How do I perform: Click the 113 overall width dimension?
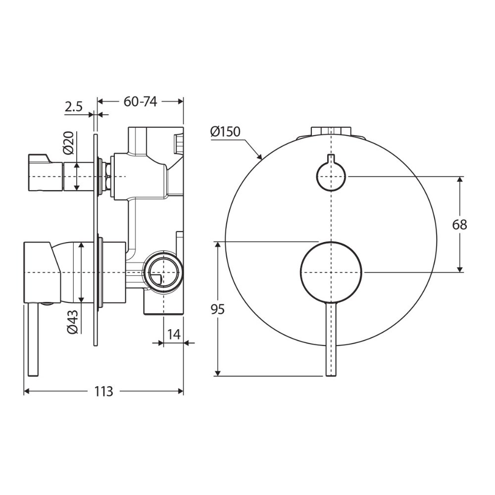103,392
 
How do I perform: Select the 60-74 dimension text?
140,101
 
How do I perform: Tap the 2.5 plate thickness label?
74,107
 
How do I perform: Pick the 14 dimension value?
174,334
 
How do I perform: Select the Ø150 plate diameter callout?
225,131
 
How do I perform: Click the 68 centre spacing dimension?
460,225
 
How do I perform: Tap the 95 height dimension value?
217,309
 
